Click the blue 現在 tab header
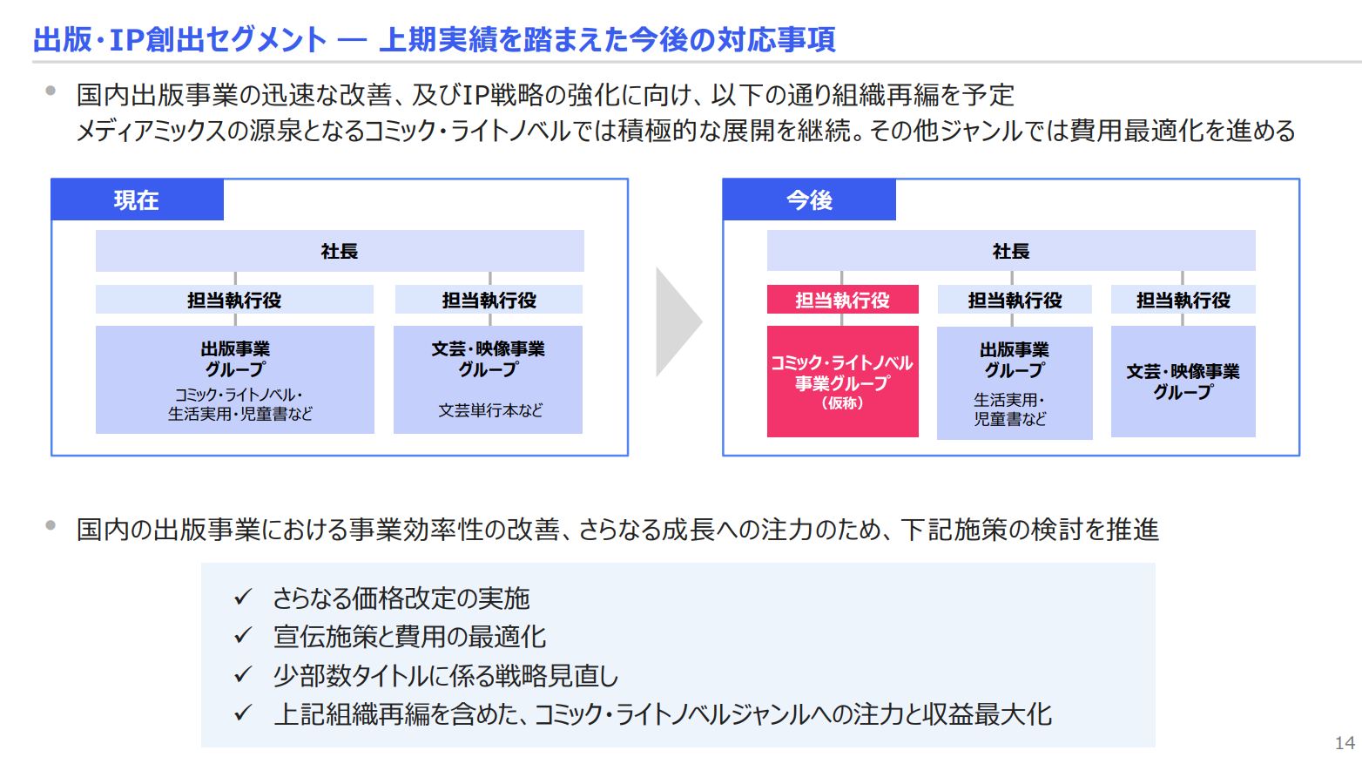coord(138,199)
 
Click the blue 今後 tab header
coord(809,199)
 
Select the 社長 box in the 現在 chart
coord(340,251)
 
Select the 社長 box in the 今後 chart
coord(1011,251)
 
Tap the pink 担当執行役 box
coord(843,299)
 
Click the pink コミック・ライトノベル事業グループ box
coord(843,382)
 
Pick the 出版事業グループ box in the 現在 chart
coord(235,380)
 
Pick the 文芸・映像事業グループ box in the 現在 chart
coord(489,380)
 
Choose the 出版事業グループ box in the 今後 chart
coord(1015,383)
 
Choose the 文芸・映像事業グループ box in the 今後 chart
coord(1183,382)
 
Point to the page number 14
coord(1345,742)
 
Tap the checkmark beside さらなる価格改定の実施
coord(243,597)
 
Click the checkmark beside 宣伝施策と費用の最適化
coord(243,636)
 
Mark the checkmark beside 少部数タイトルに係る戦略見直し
coord(243,674)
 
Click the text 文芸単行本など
coord(490,410)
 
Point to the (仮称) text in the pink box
coord(843,403)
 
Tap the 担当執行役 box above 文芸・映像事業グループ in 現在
coord(489,299)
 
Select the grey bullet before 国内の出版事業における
coord(51,524)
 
